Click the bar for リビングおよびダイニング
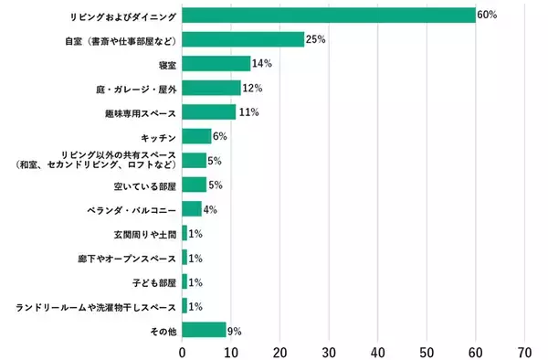click(x=329, y=16)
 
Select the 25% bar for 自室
click(x=243, y=39)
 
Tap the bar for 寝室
click(x=216, y=64)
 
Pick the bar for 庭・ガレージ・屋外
click(x=211, y=88)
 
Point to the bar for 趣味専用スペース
click(x=209, y=112)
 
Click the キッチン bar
click(x=196, y=136)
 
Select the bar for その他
click(x=204, y=329)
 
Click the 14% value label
click(x=262, y=64)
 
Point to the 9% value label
click(x=235, y=329)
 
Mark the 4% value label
click(x=211, y=209)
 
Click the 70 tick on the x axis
click(x=524, y=351)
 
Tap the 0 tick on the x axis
click(x=183, y=351)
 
